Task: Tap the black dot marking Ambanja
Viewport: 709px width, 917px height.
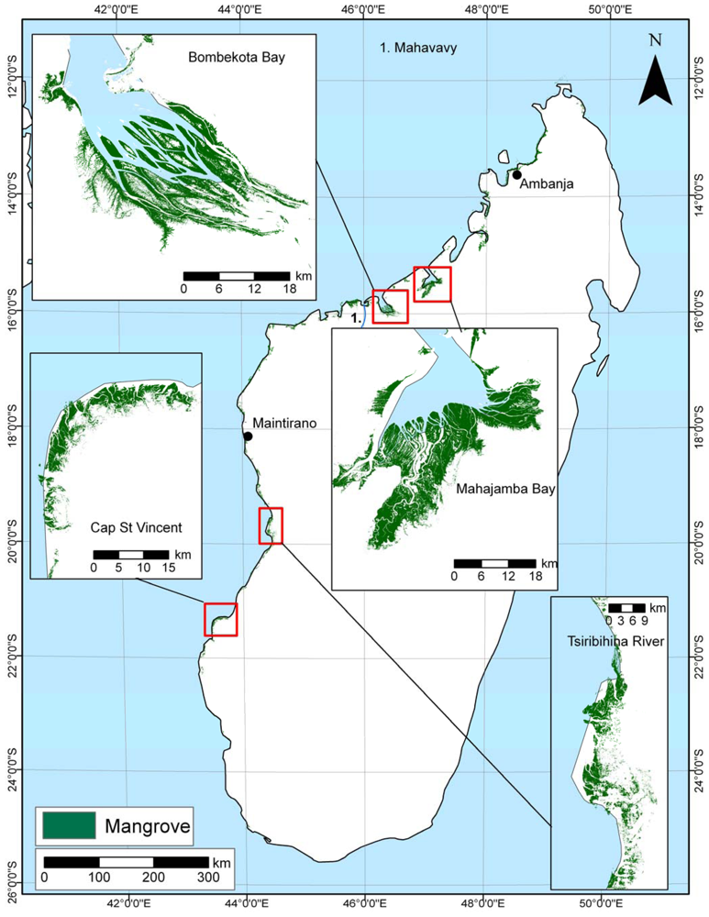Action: click(516, 174)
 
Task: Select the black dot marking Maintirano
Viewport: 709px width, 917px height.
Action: click(248, 436)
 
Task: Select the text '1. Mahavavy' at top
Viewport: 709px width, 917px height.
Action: click(417, 48)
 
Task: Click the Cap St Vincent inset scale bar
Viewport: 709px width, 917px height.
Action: click(130, 554)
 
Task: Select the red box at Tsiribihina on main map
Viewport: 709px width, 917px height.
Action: click(271, 525)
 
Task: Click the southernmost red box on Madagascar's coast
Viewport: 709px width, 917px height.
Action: click(220, 619)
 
